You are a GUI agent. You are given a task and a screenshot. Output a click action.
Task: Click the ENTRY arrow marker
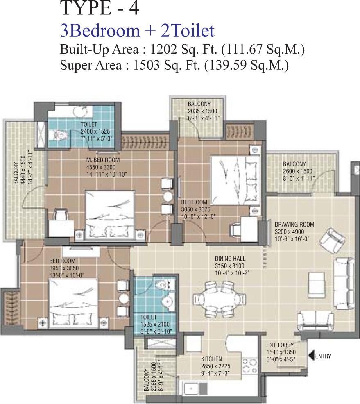point(311,356)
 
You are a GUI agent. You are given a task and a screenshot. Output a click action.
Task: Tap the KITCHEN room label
point(211,359)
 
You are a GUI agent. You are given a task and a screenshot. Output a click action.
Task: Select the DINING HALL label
point(230,259)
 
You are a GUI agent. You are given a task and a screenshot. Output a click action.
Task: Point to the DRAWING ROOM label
point(294,225)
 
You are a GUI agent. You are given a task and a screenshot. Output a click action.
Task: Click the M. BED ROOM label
point(103,160)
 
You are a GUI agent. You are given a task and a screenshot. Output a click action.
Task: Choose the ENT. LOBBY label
point(280,345)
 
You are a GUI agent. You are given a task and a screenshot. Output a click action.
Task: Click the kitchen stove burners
point(250,365)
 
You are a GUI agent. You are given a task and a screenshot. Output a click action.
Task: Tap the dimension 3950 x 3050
point(64,268)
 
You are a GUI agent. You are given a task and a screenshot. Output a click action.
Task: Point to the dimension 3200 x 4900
point(290,232)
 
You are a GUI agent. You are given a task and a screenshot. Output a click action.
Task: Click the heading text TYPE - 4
point(100,9)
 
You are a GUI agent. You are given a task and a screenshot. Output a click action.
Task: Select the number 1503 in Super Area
point(146,65)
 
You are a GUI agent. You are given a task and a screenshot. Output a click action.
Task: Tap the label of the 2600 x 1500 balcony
point(294,164)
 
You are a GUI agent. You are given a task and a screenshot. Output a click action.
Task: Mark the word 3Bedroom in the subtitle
point(100,31)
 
